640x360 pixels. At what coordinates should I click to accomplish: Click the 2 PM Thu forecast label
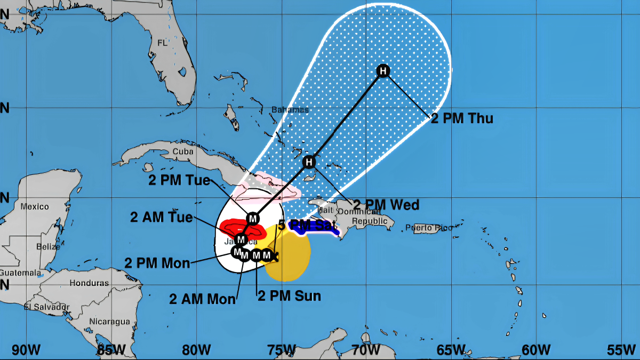tap(462, 118)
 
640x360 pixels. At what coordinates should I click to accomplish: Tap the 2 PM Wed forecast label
tap(386, 204)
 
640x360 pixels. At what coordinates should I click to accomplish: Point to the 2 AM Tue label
tap(162, 217)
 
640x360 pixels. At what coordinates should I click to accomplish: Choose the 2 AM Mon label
tap(203, 299)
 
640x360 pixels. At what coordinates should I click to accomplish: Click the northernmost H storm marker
tap(383, 71)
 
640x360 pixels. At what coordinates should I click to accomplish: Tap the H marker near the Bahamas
tap(309, 162)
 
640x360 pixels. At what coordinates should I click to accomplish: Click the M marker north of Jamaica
tap(253, 218)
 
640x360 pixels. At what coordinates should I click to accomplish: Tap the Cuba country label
tap(182, 151)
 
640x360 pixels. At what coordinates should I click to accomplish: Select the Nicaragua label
tap(109, 321)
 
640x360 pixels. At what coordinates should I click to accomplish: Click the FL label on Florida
tap(162, 43)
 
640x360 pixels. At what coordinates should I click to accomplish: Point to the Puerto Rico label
tap(429, 228)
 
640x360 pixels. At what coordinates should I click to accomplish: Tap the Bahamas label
tap(290, 110)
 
